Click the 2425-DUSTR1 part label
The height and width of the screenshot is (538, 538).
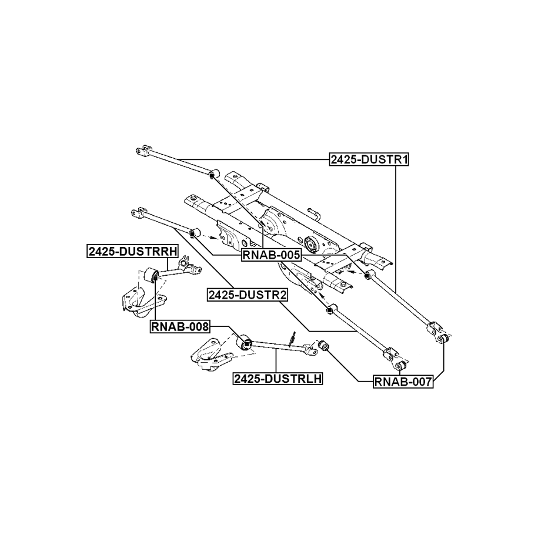coord(369,159)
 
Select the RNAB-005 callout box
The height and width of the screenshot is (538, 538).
coord(271,255)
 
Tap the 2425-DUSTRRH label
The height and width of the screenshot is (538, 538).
coord(132,251)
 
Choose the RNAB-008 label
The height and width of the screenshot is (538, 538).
coord(181,327)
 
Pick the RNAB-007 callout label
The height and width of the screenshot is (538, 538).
coord(403,382)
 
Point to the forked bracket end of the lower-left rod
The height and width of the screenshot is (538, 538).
coord(137,212)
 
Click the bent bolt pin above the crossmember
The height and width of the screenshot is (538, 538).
coord(312,213)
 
